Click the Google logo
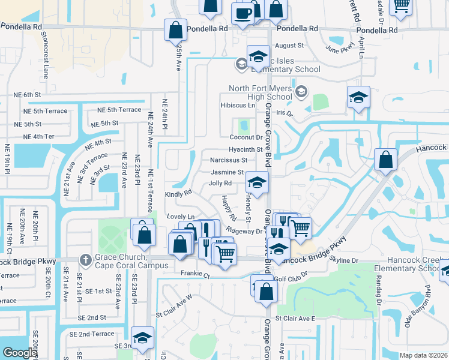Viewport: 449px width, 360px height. click(19, 353)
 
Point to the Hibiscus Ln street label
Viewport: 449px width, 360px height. click(238, 105)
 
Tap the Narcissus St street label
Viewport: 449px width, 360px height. click(229, 160)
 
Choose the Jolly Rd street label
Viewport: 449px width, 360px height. click(220, 183)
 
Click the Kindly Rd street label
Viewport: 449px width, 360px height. click(178, 193)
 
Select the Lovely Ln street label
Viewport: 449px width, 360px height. click(181, 217)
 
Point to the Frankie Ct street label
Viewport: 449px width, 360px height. click(196, 276)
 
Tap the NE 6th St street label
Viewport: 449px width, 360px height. click(27, 95)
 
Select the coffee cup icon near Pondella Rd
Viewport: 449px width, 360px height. click(244, 14)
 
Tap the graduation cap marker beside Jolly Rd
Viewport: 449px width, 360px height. click(257, 184)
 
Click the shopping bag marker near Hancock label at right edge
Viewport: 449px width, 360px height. click(386, 160)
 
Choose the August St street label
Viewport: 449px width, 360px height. click(290, 45)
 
